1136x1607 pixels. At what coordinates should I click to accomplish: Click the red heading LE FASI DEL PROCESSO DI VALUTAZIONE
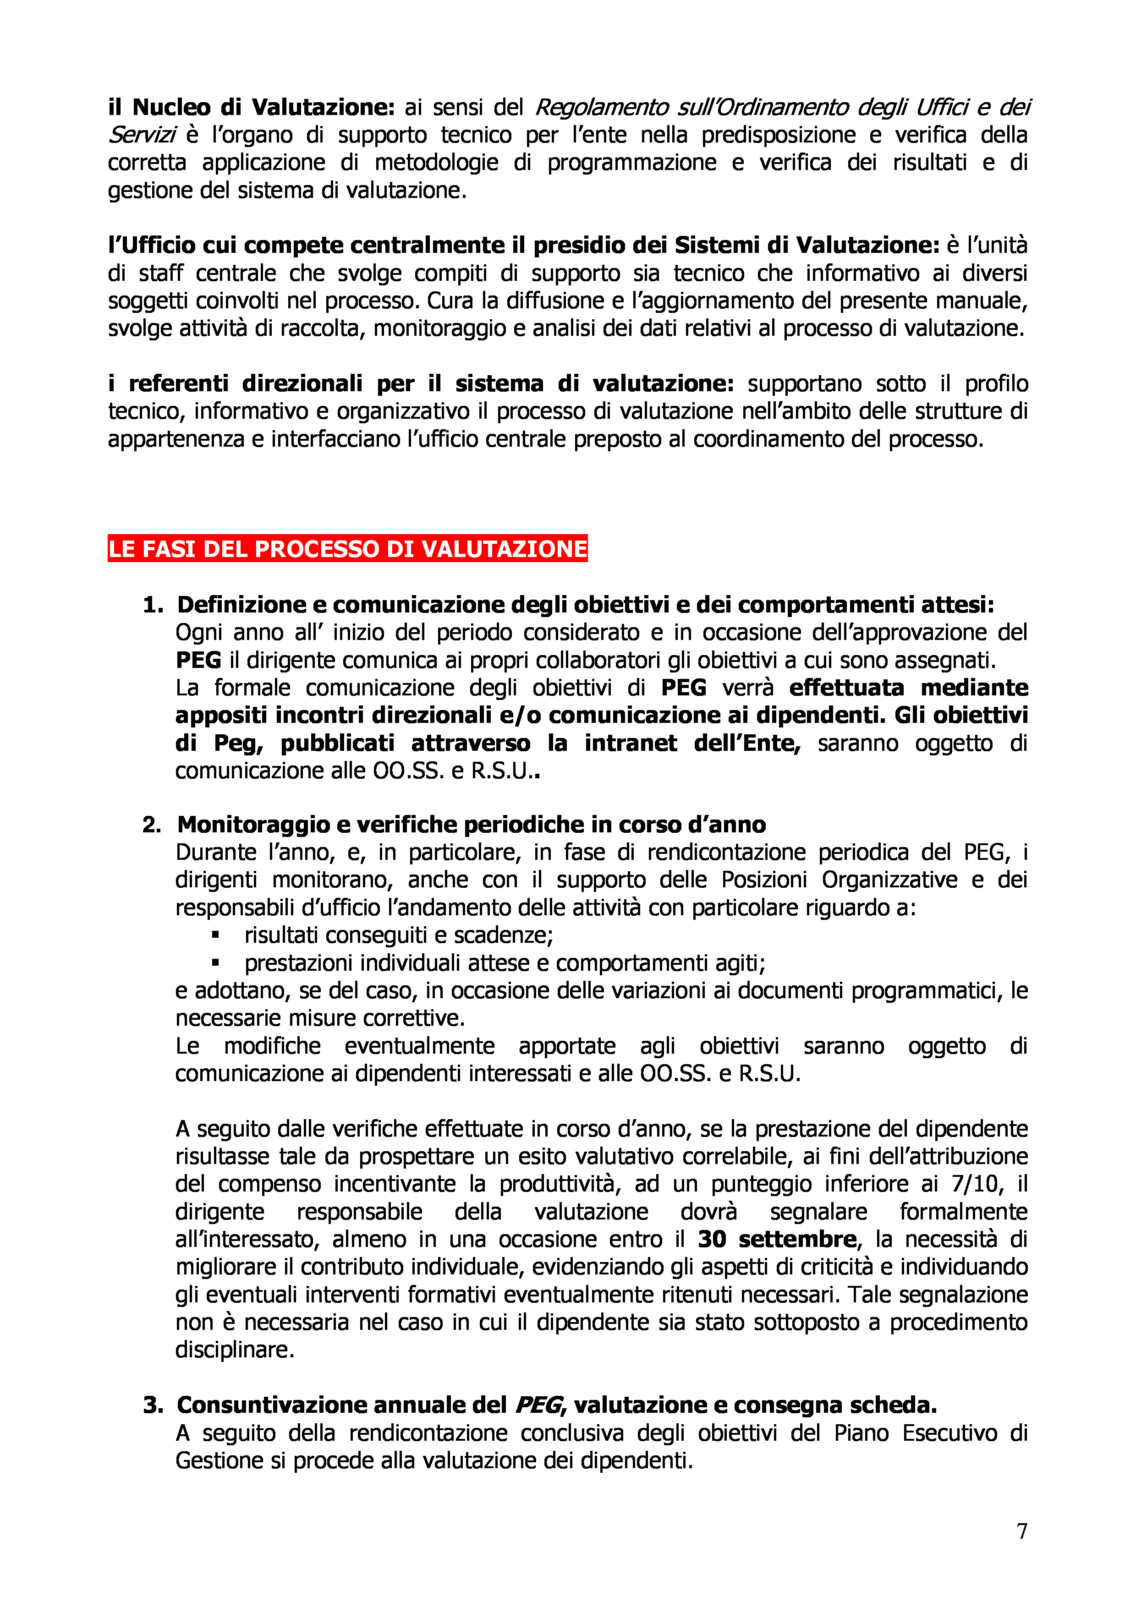click(347, 549)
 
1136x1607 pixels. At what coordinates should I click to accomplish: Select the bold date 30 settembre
click(777, 1239)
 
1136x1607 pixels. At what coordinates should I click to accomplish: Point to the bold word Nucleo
click(171, 107)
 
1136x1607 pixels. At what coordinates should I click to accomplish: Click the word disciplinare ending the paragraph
click(235, 1350)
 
